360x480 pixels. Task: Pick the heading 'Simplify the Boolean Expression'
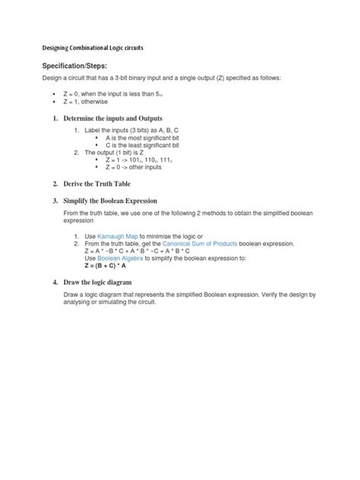(x=115, y=201)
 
